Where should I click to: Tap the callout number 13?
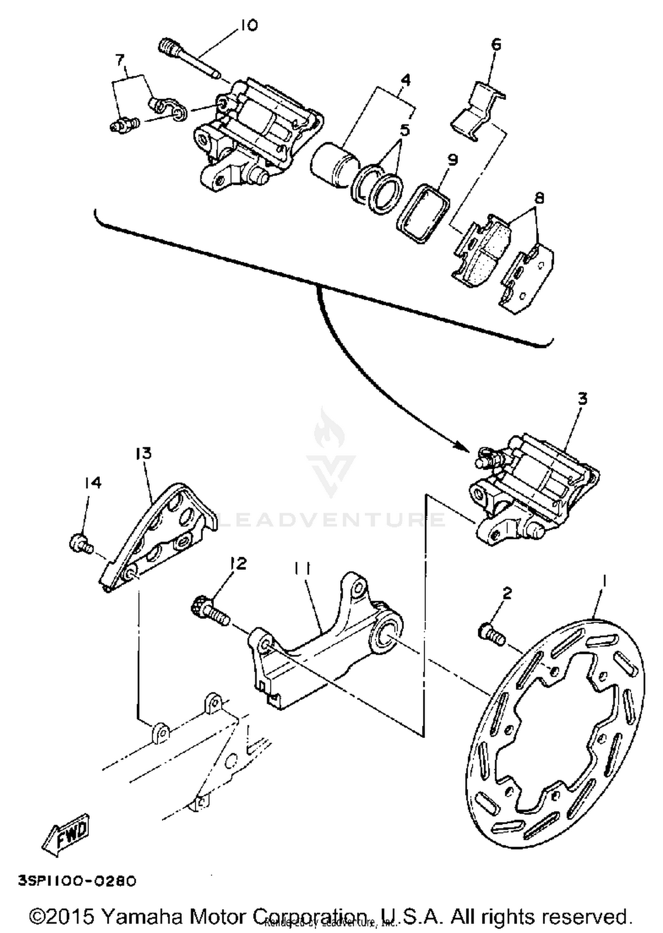point(144,453)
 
